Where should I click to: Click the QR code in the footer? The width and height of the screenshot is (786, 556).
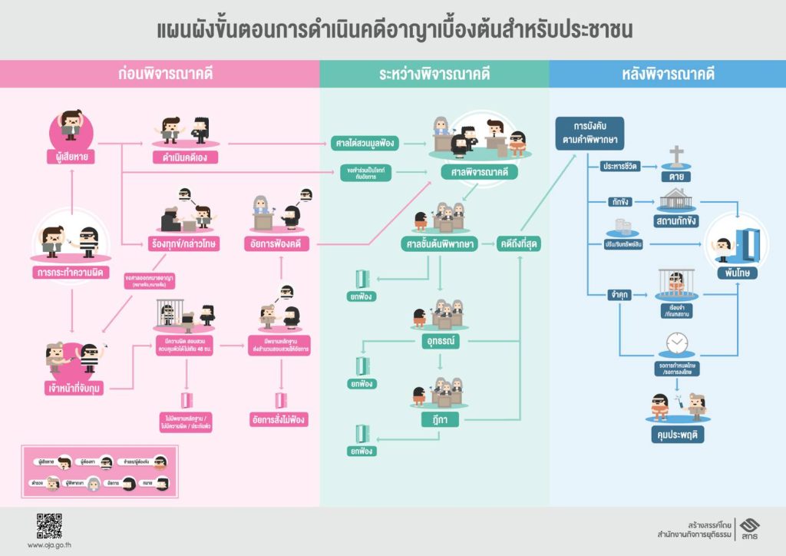(49, 525)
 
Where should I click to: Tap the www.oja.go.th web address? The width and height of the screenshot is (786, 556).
(49, 545)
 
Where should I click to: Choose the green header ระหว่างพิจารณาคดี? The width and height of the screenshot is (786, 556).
(434, 74)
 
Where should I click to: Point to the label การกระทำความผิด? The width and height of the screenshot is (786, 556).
(71, 273)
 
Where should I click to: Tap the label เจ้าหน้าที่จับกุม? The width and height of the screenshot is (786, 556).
(74, 388)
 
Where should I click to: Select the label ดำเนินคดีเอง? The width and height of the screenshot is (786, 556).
(185, 157)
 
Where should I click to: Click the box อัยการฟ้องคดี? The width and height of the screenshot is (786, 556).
(280, 244)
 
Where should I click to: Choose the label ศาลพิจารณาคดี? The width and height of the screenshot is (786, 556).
(479, 172)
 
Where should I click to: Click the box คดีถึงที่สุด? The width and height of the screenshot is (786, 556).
(520, 244)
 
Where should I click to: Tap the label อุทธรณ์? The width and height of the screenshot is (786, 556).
(439, 338)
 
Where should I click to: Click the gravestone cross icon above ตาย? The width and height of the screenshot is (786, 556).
(675, 156)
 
